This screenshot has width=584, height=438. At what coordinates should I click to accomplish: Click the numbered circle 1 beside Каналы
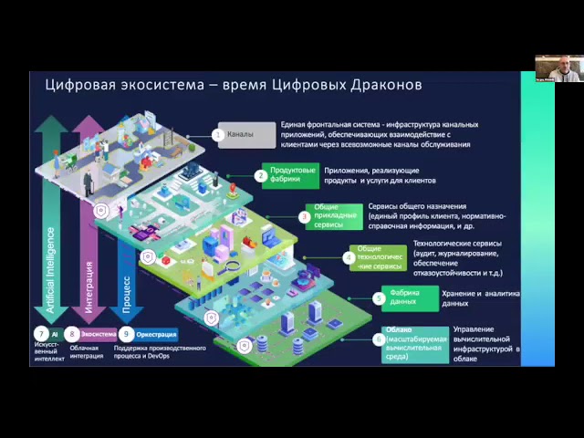click(x=218, y=135)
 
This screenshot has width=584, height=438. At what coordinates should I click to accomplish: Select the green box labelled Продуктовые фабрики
click(x=293, y=174)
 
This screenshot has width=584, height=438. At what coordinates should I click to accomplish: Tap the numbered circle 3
click(x=305, y=217)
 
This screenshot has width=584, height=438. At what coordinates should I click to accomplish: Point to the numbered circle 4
click(x=349, y=257)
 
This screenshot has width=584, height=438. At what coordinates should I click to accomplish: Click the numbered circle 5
click(x=380, y=297)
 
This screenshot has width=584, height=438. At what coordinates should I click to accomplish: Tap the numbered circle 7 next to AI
click(x=41, y=335)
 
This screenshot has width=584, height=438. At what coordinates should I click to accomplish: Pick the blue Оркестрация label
click(x=157, y=335)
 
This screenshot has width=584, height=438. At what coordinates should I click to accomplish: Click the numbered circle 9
click(x=127, y=335)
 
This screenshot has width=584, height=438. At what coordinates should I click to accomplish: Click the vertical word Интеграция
click(x=89, y=287)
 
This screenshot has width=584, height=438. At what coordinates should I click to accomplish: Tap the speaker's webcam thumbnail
click(x=558, y=68)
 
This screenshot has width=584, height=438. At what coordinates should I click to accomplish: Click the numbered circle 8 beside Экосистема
click(x=72, y=335)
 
